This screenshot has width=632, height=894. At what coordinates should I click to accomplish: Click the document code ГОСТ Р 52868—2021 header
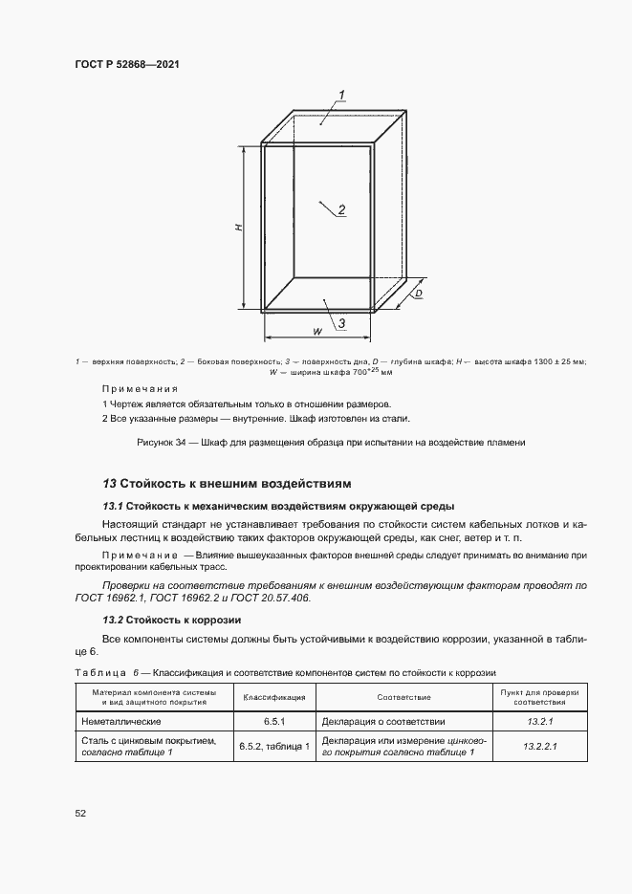tap(127, 64)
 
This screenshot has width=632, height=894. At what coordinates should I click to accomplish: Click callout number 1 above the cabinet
tap(341, 94)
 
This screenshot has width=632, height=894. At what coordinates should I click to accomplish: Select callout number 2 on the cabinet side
tap(341, 210)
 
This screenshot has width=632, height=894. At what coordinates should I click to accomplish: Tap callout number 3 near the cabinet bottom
tap(340, 324)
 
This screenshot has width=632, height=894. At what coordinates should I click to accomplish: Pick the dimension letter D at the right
tap(419, 294)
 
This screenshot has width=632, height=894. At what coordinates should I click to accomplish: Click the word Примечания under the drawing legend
tap(140, 389)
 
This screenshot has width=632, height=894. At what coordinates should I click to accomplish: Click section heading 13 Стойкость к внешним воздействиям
tap(228, 483)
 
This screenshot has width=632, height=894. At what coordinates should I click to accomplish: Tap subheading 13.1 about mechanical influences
tap(277, 506)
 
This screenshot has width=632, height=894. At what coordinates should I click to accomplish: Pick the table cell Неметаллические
tap(120, 722)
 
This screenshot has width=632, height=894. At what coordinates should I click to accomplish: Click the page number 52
tap(80, 813)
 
